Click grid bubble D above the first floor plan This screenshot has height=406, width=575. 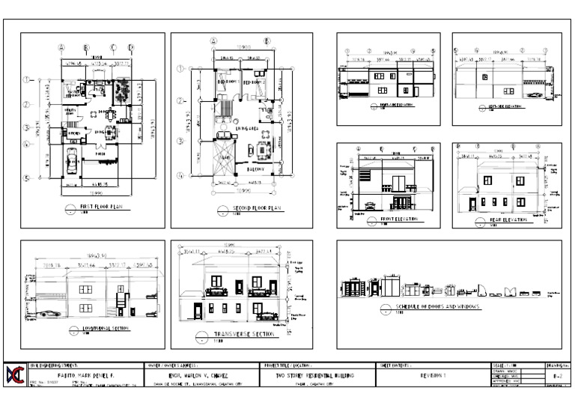[x=130, y=47]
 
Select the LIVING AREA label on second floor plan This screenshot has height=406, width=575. [x=248, y=129]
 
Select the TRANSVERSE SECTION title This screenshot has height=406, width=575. [x=241, y=334]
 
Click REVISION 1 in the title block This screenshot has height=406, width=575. [x=432, y=375]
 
